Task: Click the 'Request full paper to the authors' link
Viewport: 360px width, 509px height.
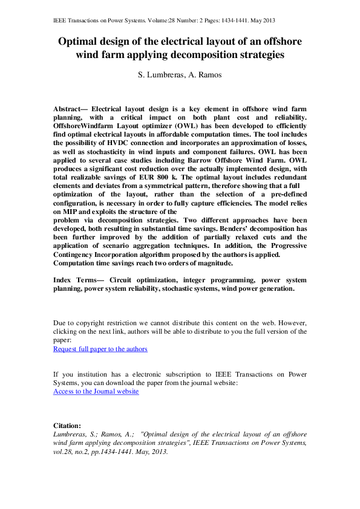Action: [x=100, y=349]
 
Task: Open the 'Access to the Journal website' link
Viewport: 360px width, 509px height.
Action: [x=96, y=392]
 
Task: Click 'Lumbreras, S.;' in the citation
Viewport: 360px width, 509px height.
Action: [x=76, y=434]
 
